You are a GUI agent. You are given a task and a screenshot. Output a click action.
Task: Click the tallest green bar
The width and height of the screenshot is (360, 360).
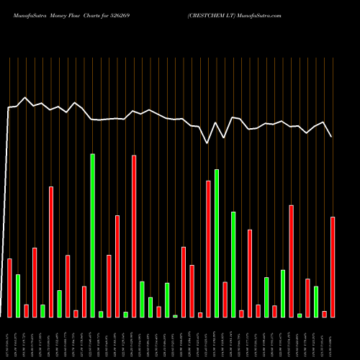[x=92, y=235]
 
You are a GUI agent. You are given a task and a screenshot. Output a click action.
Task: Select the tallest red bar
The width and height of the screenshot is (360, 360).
[x=134, y=236]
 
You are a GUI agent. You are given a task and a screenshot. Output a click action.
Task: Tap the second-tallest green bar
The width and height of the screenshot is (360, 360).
[x=217, y=243]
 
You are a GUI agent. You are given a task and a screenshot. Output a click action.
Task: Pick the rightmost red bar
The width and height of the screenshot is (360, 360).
[x=333, y=266]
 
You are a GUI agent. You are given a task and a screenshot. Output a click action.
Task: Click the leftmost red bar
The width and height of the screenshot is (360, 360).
[x=9, y=288]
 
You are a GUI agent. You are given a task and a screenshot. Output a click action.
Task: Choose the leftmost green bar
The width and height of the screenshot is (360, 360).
[x=18, y=295]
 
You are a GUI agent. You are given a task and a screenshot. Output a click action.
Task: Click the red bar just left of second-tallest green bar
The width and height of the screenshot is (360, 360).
[x=209, y=248]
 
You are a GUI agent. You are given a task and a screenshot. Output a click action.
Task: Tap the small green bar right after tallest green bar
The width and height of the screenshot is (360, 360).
[x=101, y=314]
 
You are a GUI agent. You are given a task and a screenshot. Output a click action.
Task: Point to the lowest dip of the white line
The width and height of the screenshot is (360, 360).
[x=207, y=143]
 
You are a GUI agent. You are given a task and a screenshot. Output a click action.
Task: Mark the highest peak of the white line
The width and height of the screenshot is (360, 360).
[x=25, y=98]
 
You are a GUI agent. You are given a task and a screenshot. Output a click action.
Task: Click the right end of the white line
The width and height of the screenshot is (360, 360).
[x=332, y=137]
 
